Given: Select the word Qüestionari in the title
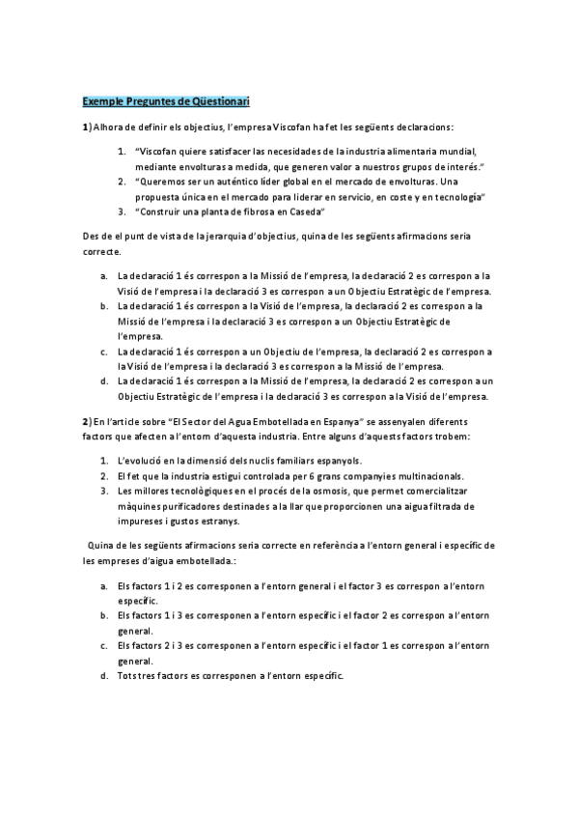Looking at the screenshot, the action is click(x=217, y=101).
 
